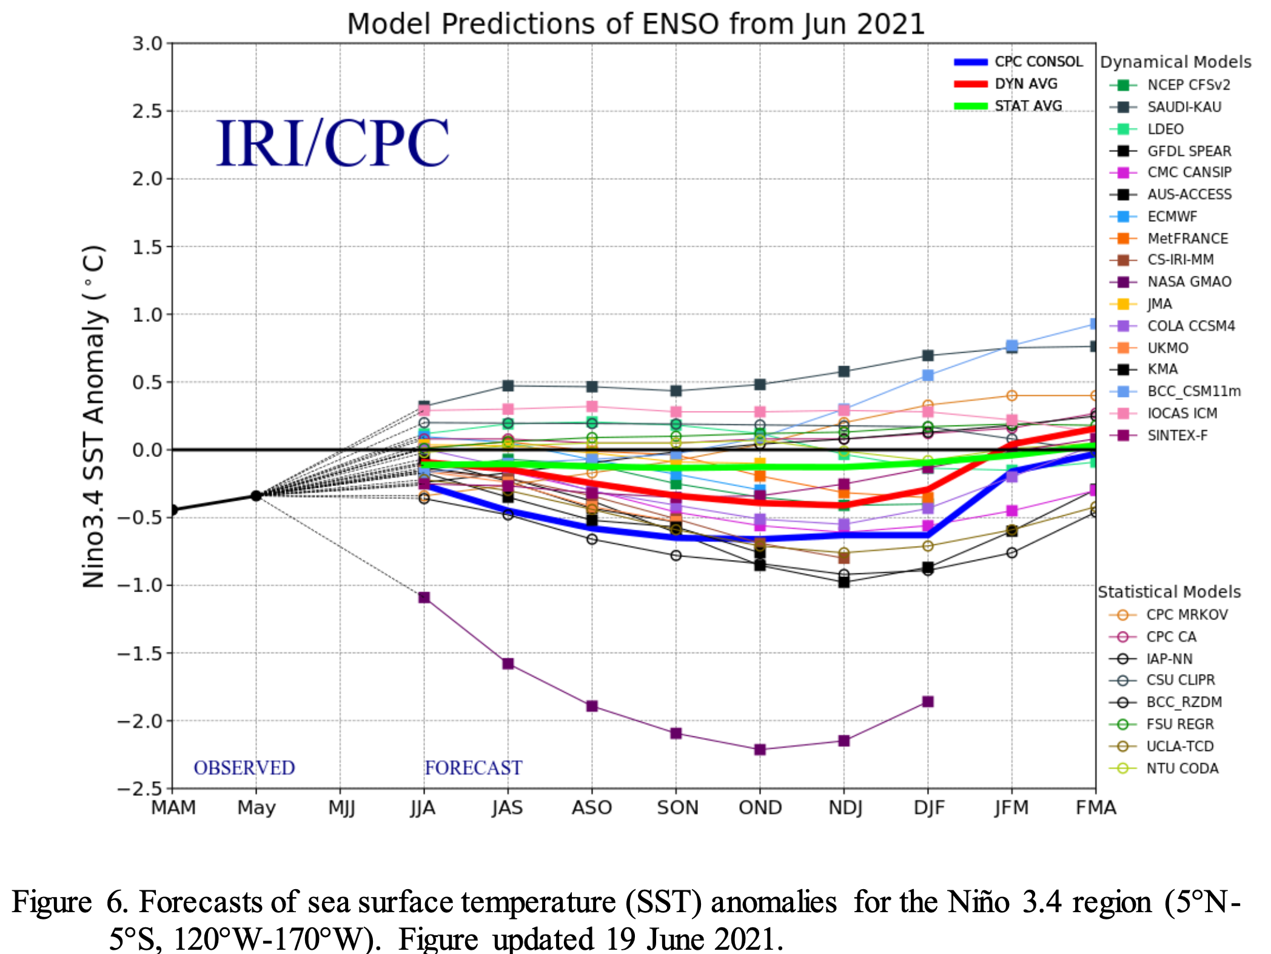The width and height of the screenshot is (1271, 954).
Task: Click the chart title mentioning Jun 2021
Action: pos(635,24)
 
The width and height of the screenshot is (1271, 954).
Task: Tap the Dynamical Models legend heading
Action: pos(1175,62)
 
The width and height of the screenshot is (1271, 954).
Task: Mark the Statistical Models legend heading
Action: pos(1169,592)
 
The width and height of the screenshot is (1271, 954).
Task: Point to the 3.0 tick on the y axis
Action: pos(148,44)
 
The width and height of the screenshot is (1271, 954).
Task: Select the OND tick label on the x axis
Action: pos(760,808)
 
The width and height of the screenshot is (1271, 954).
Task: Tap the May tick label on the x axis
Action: pos(256,808)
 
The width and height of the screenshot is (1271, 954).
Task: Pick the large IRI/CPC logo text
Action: pos(332,144)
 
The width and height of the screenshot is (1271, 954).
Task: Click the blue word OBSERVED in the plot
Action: pos(244,768)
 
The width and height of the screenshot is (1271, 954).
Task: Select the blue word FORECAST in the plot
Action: pos(473,768)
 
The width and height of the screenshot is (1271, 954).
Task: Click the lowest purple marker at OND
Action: pos(760,750)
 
